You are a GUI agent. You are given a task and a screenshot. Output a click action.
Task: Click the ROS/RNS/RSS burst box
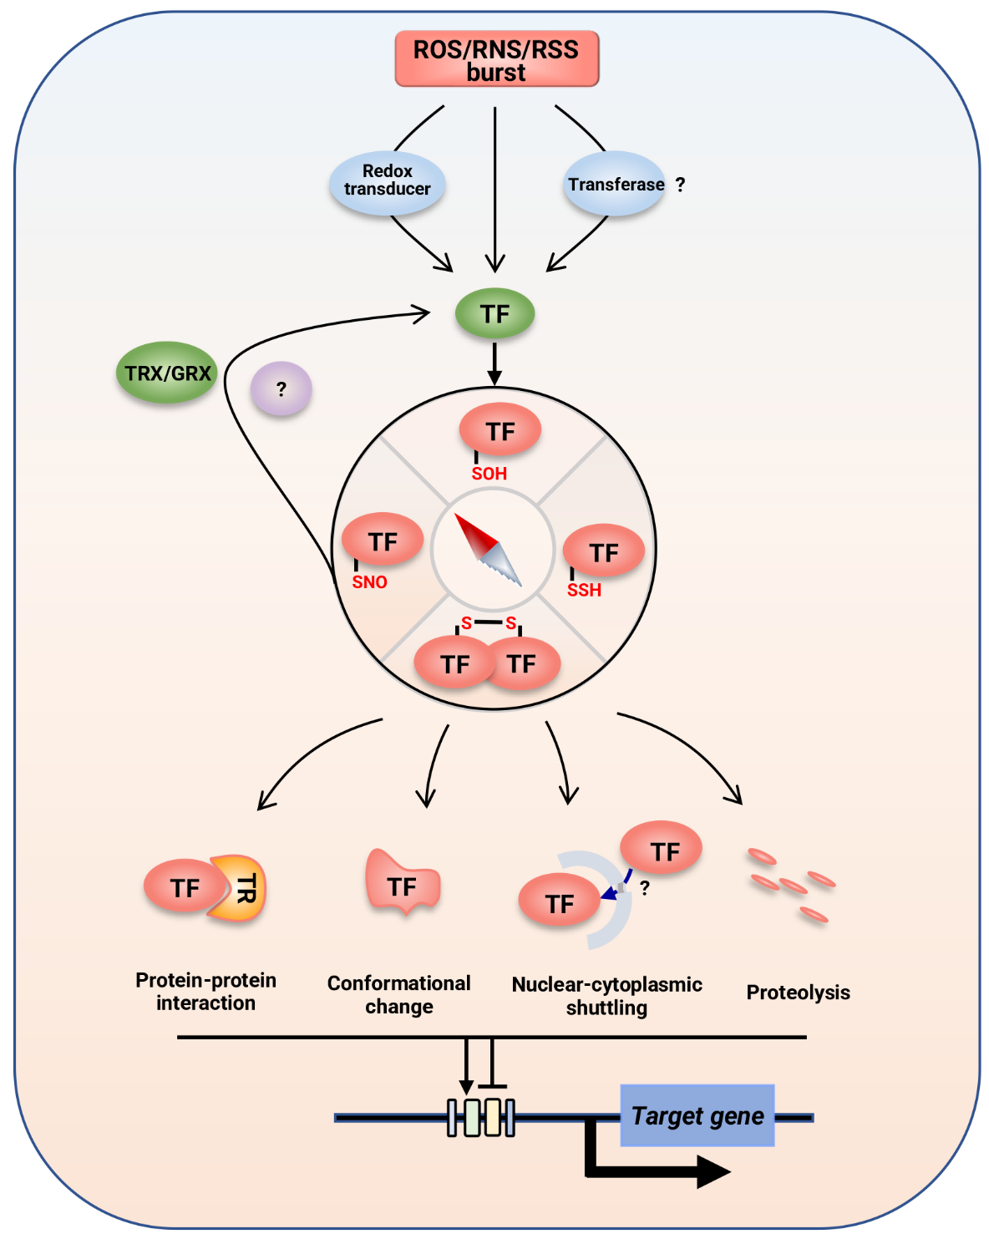[496, 59]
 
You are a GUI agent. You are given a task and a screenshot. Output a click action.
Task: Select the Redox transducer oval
[387, 181]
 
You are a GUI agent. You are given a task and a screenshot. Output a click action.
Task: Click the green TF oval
[494, 314]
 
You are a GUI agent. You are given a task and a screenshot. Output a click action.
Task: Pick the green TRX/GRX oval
[167, 373]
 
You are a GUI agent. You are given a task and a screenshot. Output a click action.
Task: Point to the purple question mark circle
[281, 388]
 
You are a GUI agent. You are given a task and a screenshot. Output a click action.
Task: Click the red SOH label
[489, 474]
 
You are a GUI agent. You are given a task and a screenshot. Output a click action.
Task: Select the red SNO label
[369, 582]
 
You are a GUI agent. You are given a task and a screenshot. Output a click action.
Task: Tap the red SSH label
[584, 591]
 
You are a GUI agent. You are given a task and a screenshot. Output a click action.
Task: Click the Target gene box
[697, 1115]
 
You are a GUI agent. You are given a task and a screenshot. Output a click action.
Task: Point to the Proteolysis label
[798, 993]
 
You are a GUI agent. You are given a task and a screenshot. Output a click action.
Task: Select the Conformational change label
[398, 994]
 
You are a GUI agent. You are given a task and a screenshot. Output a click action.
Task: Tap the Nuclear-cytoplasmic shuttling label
[606, 996]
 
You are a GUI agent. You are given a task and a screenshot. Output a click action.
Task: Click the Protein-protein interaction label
[205, 991]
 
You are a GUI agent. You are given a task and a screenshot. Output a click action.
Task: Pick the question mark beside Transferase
[680, 185]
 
